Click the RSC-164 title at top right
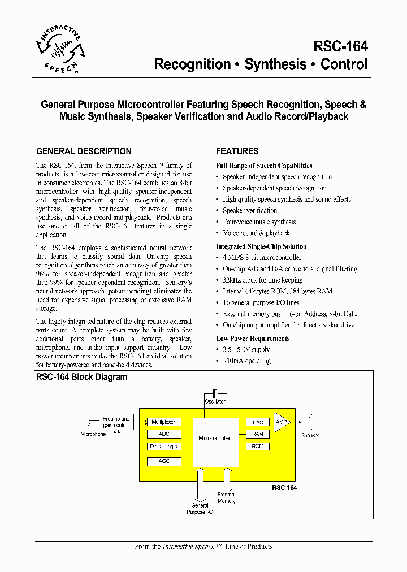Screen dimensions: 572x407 340,46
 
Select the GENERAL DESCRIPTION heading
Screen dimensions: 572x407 84,151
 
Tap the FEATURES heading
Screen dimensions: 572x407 237,151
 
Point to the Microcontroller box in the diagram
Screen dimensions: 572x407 214,438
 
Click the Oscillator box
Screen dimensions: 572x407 215,402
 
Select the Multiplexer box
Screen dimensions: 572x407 163,422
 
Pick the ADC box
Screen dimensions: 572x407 163,434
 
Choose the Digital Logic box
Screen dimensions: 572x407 163,447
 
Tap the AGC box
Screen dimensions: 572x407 163,461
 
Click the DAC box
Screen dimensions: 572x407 258,423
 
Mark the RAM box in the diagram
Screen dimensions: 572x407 258,434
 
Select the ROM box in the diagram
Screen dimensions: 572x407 258,447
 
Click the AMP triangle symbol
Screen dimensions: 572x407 281,422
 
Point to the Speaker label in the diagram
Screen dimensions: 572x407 310,436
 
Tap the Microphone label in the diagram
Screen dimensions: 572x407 93,434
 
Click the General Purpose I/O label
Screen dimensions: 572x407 200,509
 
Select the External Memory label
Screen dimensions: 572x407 226,498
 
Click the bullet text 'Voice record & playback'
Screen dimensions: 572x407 256,233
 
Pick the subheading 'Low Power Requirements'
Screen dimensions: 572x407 253,339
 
